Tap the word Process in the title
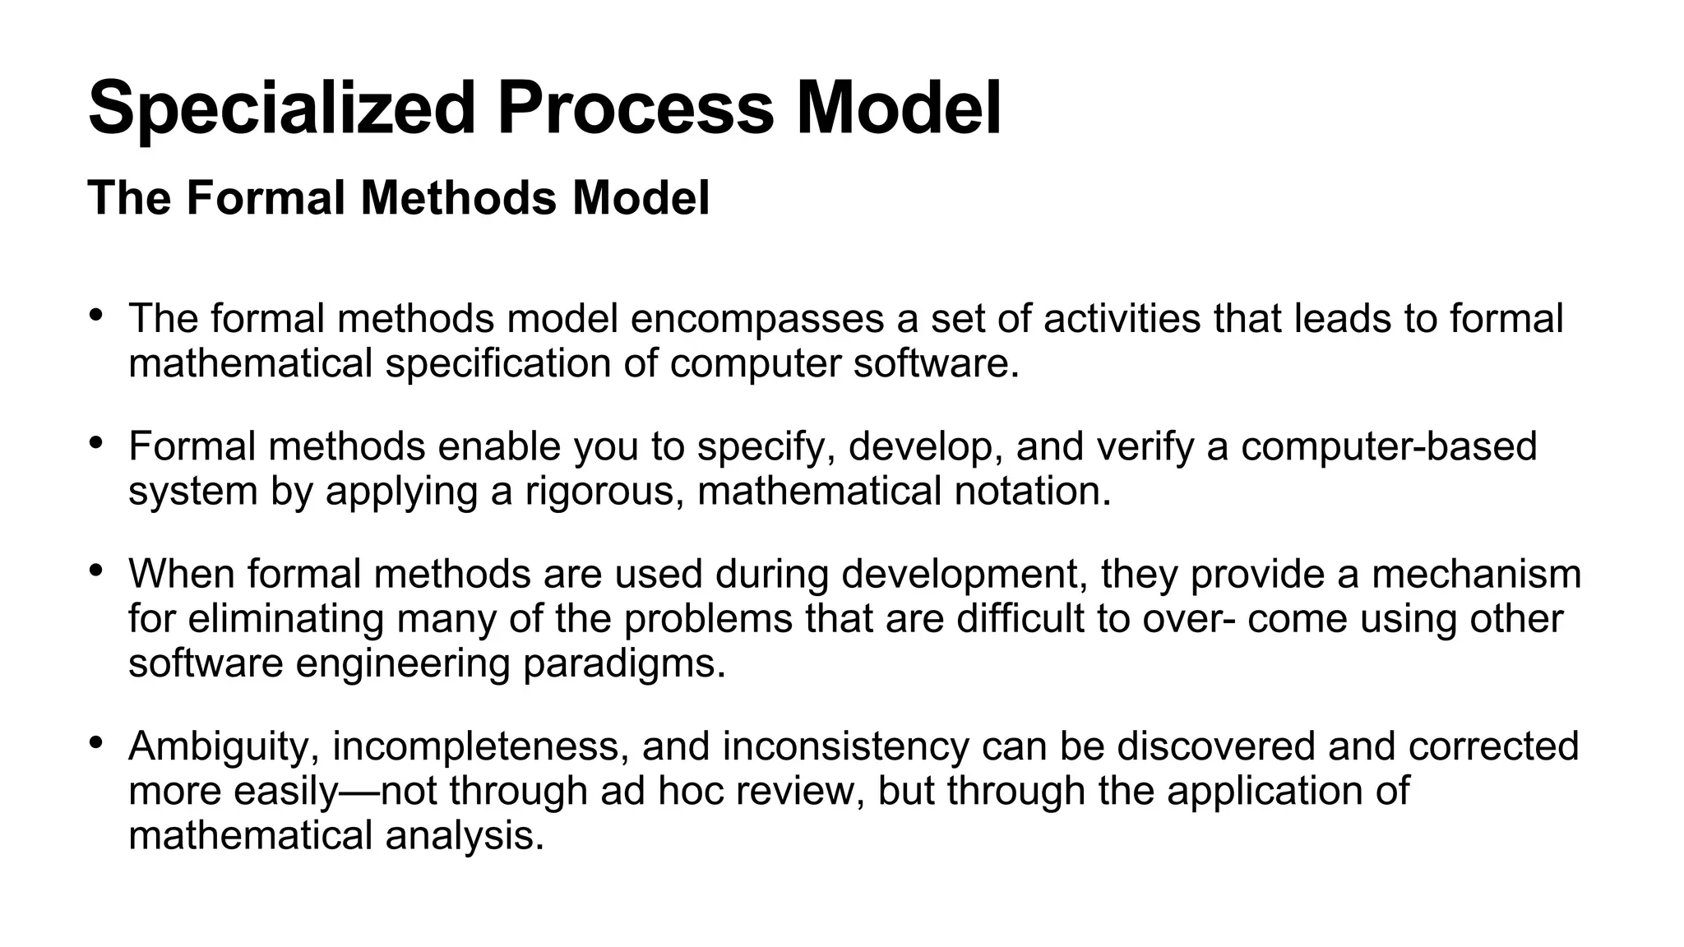tap(636, 109)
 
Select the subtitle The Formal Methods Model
tap(399, 198)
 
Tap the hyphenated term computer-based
tap(1389, 446)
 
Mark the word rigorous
tap(603, 492)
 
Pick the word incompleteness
tap(479, 746)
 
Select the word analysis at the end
tap(465, 836)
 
